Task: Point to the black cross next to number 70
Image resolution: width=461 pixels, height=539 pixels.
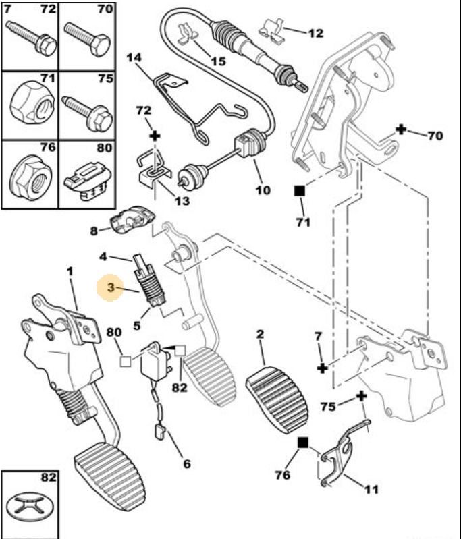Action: (x=401, y=129)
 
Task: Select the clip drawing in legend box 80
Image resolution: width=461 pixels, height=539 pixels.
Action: (x=86, y=179)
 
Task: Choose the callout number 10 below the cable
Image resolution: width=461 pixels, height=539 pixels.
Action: (x=263, y=190)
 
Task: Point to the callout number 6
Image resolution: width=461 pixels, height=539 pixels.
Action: (x=186, y=463)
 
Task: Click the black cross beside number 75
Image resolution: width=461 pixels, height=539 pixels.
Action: (x=362, y=395)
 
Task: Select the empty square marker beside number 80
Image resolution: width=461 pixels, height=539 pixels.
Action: (x=125, y=361)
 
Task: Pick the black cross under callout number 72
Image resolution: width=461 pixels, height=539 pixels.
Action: (x=156, y=136)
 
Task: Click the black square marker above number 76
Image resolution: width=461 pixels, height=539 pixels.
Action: (x=302, y=443)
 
